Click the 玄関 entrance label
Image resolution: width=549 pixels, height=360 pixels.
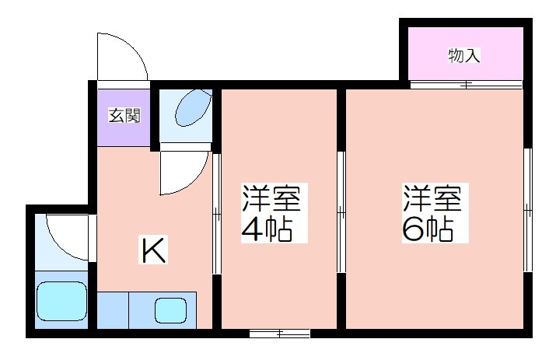(x=124, y=116)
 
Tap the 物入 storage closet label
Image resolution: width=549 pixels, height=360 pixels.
(x=464, y=56)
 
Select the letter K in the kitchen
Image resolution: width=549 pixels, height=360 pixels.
(x=153, y=250)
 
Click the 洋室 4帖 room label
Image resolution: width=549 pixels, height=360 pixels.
(x=271, y=213)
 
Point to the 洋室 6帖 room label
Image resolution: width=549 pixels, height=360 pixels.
(x=432, y=213)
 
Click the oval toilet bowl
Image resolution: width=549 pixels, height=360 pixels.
(x=193, y=107)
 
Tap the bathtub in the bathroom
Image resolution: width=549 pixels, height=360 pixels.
(x=61, y=301)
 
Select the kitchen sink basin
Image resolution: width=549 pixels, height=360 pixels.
(x=170, y=310)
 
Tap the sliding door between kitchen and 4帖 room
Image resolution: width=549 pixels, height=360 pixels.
(x=217, y=212)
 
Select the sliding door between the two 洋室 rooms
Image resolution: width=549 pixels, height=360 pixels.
(x=341, y=211)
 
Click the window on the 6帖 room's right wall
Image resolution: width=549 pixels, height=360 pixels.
(x=528, y=210)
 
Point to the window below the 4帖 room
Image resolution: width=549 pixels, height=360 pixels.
(x=280, y=333)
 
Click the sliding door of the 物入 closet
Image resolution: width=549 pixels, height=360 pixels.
(x=466, y=85)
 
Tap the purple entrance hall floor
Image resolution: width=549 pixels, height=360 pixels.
(x=124, y=118)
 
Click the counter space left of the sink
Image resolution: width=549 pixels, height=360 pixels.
(x=113, y=310)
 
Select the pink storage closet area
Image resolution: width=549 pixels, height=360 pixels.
(x=466, y=54)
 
